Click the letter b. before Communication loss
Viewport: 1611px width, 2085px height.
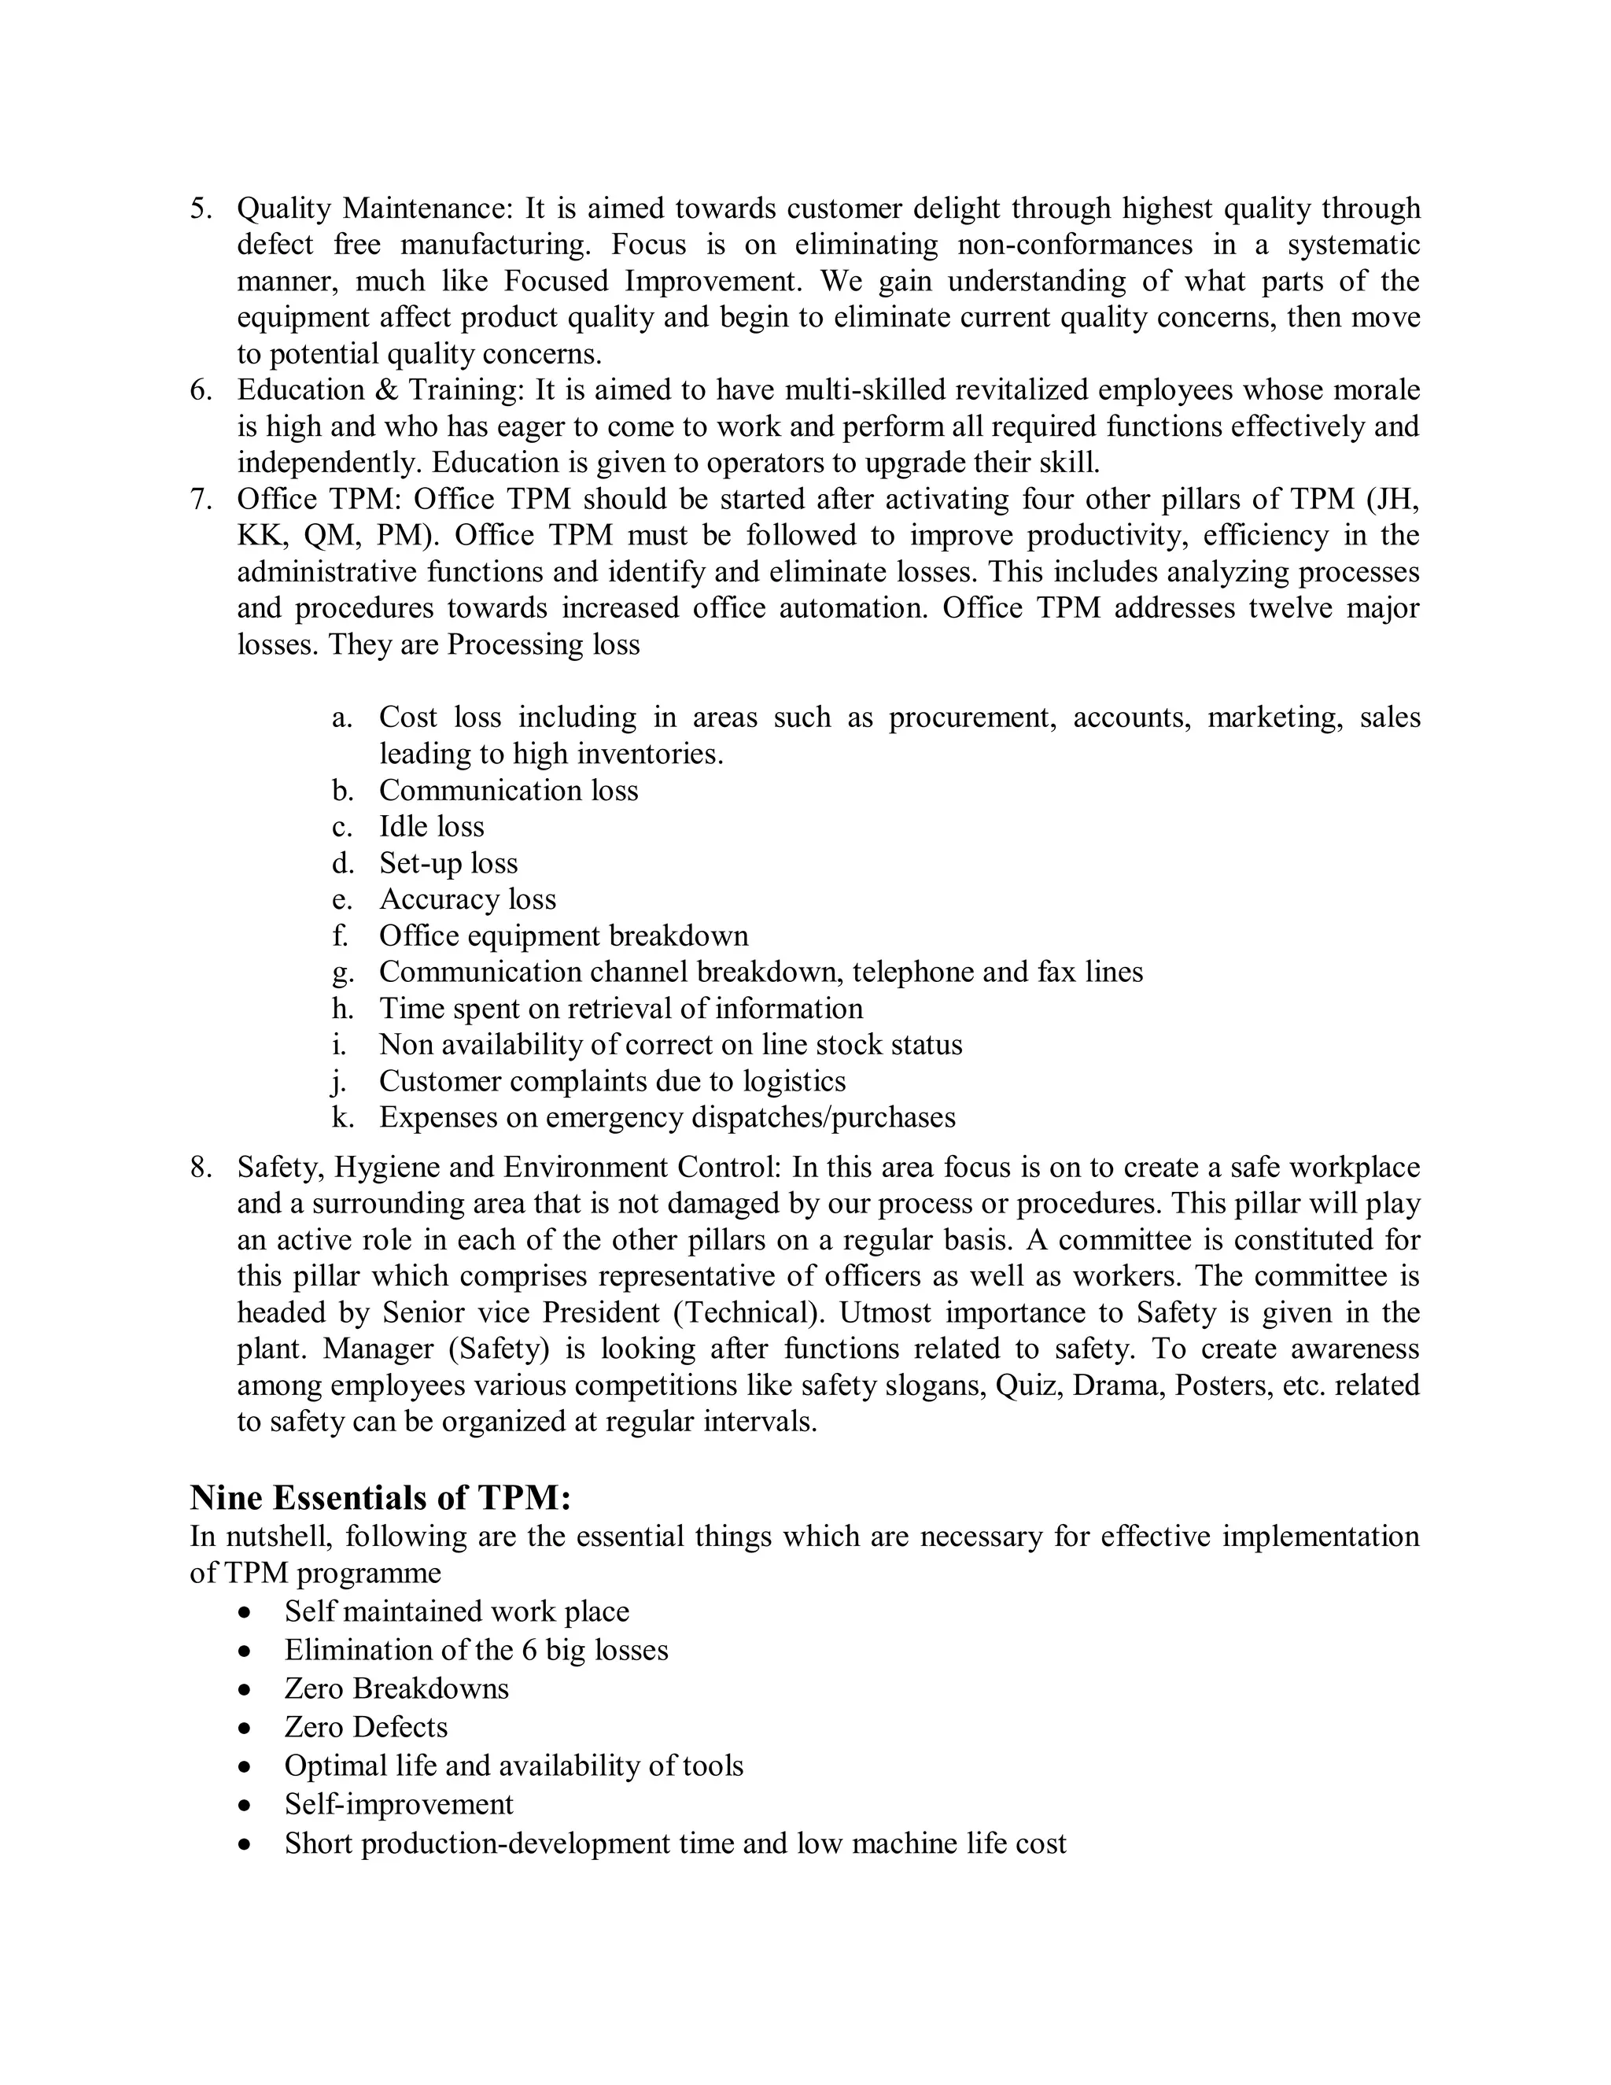pos(344,791)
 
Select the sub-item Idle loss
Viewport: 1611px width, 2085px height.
pos(431,827)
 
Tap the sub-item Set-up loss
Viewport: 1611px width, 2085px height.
pos(448,863)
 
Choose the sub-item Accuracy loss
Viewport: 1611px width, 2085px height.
pos(468,899)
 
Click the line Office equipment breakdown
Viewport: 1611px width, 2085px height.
pos(563,935)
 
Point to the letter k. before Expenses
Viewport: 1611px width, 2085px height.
pos(344,1117)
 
